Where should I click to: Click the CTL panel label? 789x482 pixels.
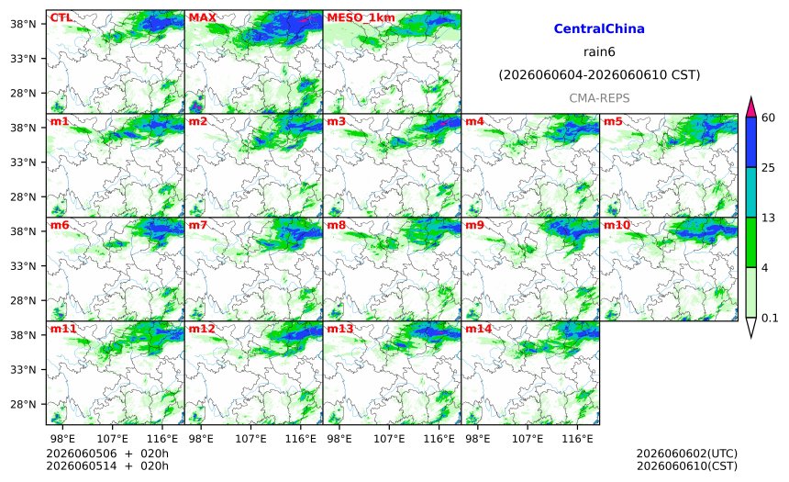[61, 17]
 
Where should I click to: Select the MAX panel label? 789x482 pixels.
[202, 17]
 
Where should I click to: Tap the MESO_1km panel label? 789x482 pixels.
[361, 18]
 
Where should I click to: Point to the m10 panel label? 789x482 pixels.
[617, 225]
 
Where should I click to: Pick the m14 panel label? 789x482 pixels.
[478, 329]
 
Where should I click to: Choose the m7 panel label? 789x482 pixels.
[198, 225]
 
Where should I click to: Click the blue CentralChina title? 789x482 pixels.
[599, 28]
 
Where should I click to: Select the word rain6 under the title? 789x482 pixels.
[599, 52]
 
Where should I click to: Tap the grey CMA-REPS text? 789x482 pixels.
[599, 98]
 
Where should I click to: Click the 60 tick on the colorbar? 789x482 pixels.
[769, 118]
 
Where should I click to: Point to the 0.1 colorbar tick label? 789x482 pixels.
[770, 318]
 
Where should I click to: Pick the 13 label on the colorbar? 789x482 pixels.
[769, 218]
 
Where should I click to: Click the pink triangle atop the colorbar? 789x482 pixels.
[751, 106]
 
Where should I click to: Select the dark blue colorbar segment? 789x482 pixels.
[751, 142]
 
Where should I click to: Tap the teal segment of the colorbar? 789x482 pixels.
[751, 193]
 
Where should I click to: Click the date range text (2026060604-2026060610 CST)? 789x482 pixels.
[599, 75]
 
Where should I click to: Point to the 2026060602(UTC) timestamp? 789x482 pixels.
[687, 454]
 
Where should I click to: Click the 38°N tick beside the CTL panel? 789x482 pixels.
[23, 24]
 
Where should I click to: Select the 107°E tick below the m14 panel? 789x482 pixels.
[528, 439]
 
